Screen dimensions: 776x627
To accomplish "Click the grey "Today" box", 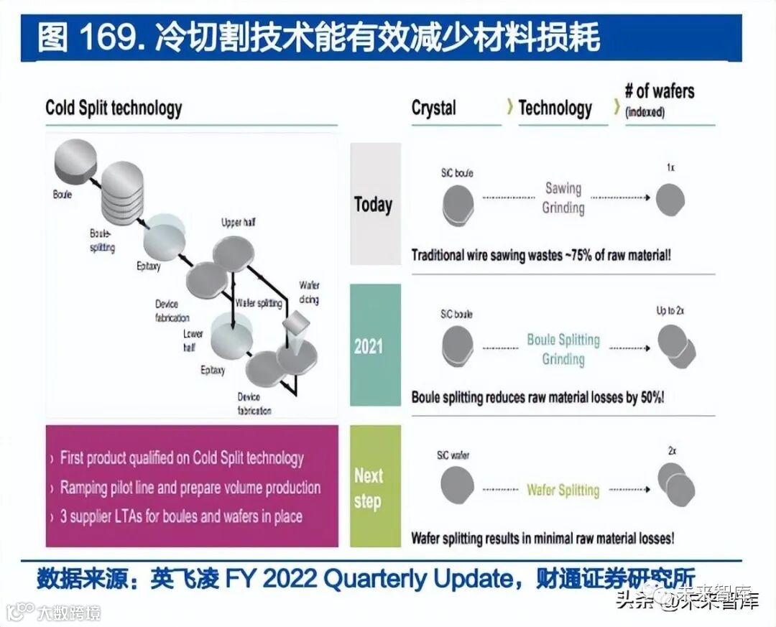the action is [x=374, y=204].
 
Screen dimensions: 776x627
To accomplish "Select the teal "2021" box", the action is [x=374, y=345].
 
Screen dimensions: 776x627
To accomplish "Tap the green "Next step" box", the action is [x=374, y=486].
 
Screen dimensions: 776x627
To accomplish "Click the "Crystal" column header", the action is [x=433, y=108].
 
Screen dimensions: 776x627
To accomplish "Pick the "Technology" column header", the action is [x=555, y=108].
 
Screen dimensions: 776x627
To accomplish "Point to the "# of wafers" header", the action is [x=659, y=92].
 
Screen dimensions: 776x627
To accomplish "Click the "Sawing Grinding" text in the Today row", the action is [x=563, y=198].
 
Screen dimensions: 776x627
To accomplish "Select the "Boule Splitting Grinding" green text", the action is [x=563, y=348].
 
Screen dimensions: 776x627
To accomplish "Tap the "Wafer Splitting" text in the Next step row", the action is [x=563, y=490].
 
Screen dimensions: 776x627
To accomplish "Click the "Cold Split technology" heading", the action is [x=114, y=108].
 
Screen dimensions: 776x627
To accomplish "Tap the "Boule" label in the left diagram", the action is [x=63, y=195].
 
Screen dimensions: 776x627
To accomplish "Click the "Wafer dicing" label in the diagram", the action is [x=309, y=292].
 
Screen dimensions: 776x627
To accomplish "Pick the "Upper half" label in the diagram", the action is [x=238, y=223].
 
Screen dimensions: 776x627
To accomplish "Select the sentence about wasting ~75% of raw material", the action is [x=541, y=255].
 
